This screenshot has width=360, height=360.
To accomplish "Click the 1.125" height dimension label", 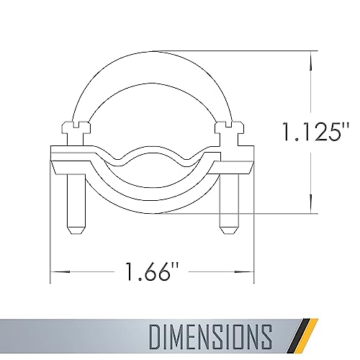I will [315, 131].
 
